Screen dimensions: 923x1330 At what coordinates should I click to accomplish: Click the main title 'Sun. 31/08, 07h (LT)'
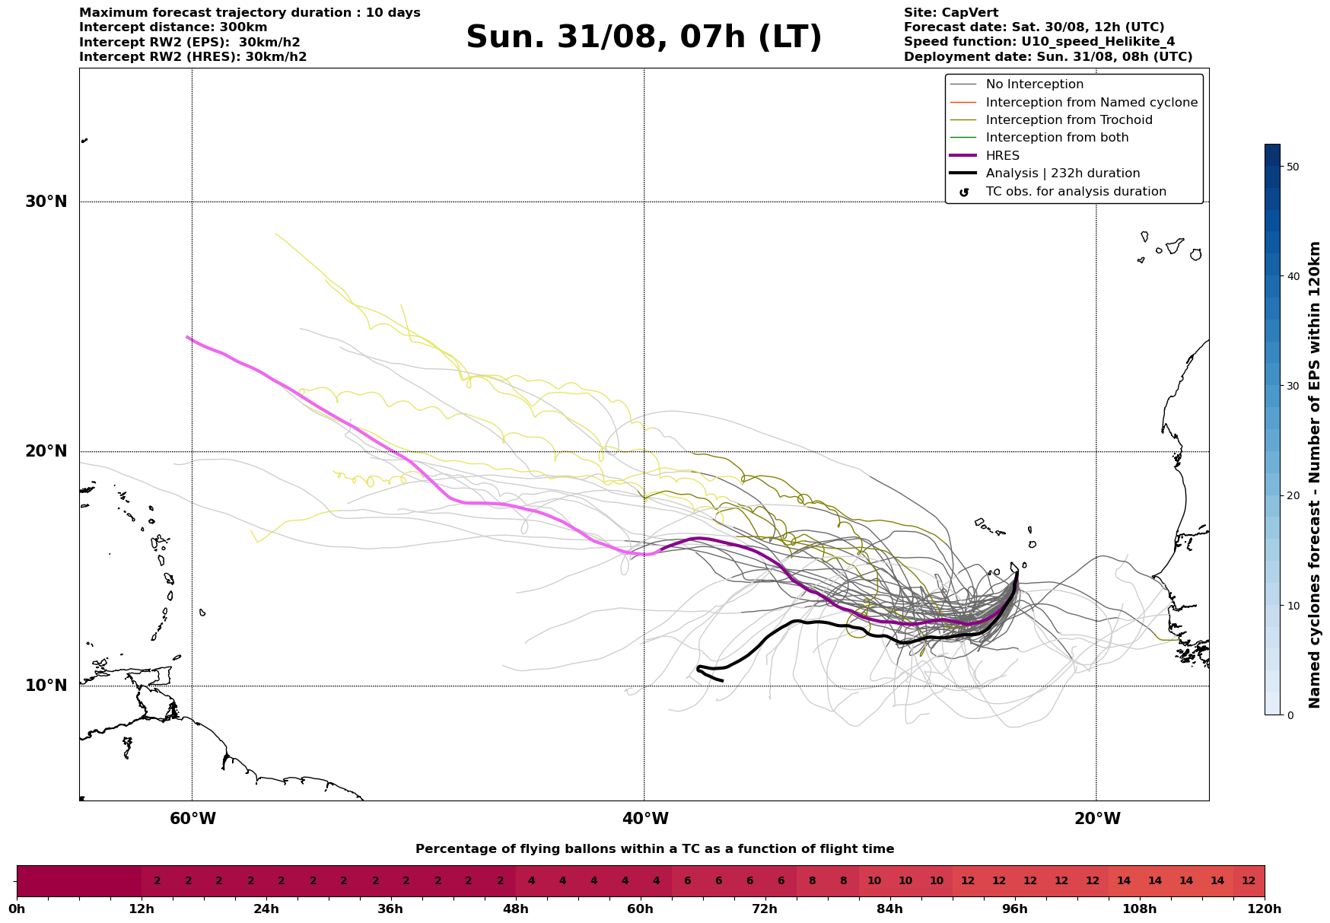(x=644, y=37)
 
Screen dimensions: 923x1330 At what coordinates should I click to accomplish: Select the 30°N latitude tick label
(x=46, y=202)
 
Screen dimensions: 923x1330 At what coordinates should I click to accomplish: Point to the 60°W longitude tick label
(x=192, y=819)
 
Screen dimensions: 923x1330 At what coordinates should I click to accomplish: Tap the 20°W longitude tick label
(x=1096, y=819)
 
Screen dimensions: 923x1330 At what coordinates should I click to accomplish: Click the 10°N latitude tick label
(x=46, y=686)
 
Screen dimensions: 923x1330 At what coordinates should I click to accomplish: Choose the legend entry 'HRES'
(x=1002, y=156)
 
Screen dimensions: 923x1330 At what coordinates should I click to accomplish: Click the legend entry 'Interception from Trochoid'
(x=1068, y=120)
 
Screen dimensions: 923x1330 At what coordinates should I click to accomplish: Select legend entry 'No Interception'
(x=1034, y=84)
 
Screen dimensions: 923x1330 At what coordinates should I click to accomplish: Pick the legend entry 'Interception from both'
(x=1057, y=138)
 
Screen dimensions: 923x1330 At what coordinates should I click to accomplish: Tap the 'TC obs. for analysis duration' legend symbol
(x=964, y=193)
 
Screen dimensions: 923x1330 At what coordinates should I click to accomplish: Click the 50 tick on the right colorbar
(x=1292, y=167)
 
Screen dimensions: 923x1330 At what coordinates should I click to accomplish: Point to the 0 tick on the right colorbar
(x=1289, y=715)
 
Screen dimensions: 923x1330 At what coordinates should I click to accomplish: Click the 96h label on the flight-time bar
(x=1014, y=909)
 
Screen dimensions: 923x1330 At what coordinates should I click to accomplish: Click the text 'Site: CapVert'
(x=950, y=13)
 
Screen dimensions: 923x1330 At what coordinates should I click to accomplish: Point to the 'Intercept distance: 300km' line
(x=173, y=27)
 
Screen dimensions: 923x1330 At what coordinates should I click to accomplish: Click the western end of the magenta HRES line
(x=187, y=337)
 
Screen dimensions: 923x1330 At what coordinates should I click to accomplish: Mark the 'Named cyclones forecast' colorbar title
(x=1314, y=475)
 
